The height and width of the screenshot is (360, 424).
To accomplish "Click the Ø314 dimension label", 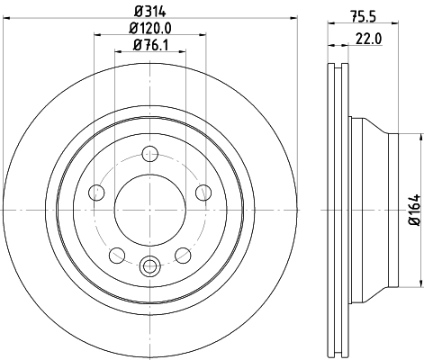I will pyautogui.click(x=149, y=12).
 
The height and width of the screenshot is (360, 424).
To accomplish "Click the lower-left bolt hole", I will pyautogui.click(x=117, y=254).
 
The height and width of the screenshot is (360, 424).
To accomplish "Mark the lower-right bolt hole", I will pyautogui.click(x=182, y=254).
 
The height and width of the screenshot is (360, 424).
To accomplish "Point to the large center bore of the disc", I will pyautogui.click(x=149, y=209).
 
